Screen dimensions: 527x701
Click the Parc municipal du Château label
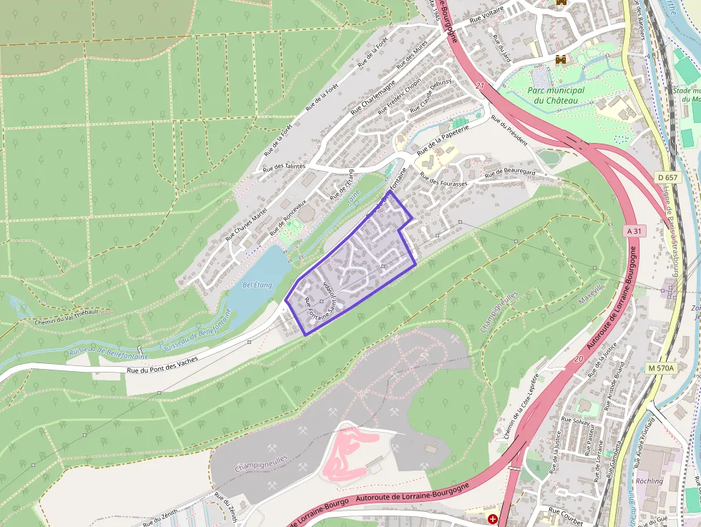[555, 95]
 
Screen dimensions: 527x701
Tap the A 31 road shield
[634, 231]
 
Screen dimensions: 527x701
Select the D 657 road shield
[667, 177]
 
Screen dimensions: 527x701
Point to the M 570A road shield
[660, 368]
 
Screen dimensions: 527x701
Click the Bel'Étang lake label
[258, 285]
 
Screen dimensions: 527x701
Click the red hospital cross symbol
[493, 518]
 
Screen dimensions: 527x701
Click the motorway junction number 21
[479, 86]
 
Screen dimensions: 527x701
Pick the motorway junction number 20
[578, 360]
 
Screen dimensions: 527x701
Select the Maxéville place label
[592, 292]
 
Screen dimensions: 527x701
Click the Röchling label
[649, 481]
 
